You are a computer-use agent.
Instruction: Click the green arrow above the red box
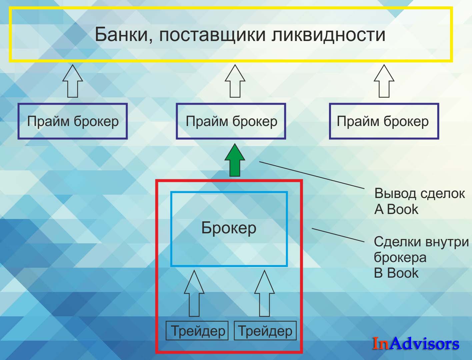(235, 160)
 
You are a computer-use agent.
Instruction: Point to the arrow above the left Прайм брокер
(73, 81)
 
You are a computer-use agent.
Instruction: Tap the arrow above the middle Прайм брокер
(235, 81)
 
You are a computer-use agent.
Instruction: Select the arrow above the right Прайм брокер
(384, 81)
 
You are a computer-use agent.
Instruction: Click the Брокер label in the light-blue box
(229, 228)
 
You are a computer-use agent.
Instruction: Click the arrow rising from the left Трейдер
(194, 293)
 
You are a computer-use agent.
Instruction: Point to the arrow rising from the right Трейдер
(264, 293)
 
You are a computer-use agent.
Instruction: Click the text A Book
(396, 209)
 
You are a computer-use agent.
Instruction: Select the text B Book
(396, 273)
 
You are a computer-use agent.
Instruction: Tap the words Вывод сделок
(420, 194)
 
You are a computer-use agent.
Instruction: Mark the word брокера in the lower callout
(400, 258)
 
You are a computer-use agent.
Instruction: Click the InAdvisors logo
(416, 343)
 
